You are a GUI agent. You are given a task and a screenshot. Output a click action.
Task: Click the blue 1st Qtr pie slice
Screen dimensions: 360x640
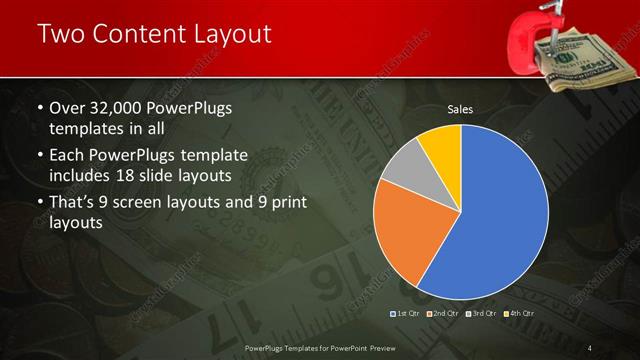point(500,210)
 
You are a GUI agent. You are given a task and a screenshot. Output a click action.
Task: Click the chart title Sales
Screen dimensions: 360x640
point(460,109)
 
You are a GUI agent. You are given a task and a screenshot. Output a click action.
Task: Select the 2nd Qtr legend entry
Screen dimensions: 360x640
point(444,314)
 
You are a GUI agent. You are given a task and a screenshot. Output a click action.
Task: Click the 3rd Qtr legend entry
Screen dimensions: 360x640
point(483,314)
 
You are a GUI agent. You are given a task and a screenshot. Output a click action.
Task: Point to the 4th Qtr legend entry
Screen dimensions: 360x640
point(520,314)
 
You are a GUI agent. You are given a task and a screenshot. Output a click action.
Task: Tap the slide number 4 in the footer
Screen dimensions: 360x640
point(591,347)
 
